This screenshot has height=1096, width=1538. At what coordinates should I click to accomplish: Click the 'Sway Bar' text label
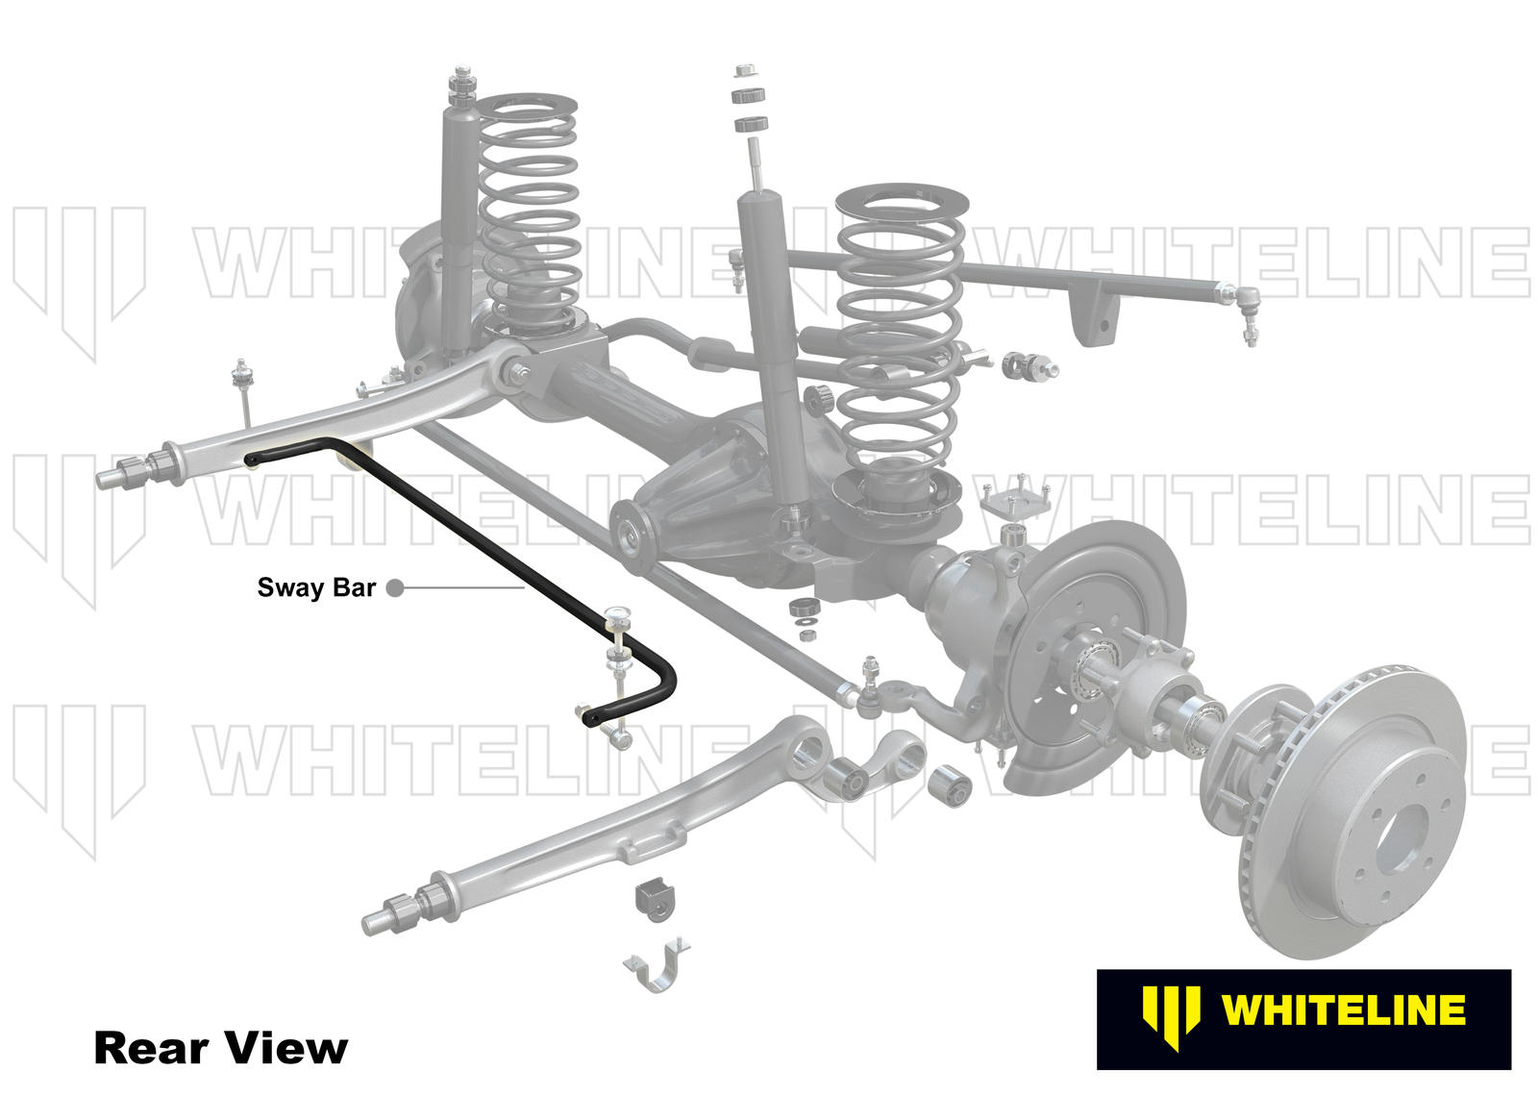316,587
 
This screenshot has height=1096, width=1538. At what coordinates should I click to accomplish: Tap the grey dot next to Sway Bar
394,588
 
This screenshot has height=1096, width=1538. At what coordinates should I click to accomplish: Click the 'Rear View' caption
220,1047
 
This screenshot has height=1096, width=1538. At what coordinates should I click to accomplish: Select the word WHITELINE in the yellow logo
1343,1010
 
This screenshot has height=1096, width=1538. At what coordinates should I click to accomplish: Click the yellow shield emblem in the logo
1171,1015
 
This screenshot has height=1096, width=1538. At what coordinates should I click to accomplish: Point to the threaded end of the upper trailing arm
112,476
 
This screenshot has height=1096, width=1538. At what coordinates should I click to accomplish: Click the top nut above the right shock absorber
744,72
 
